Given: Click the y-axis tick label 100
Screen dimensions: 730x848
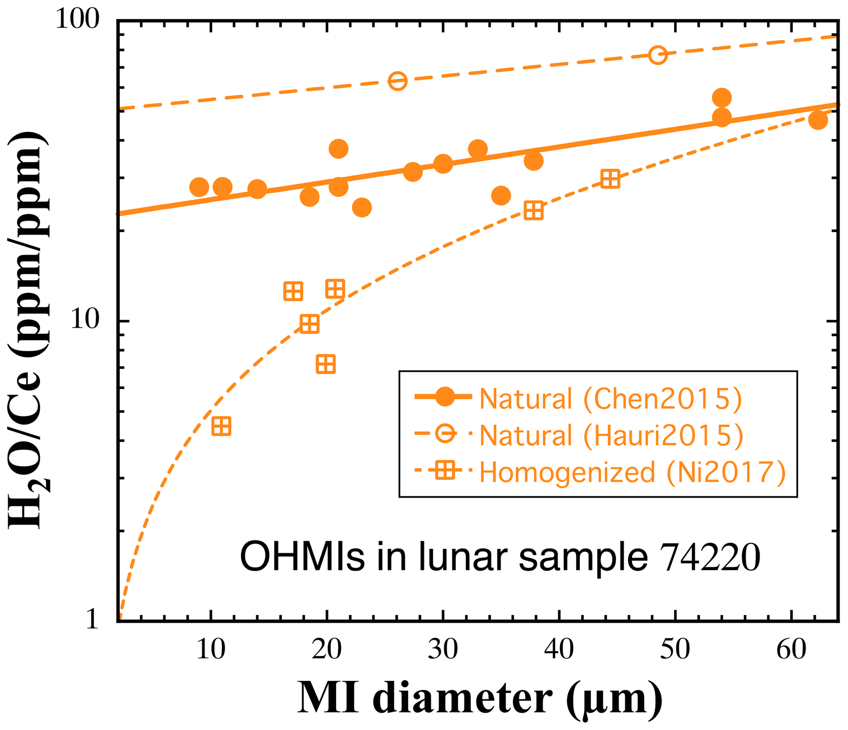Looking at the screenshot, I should point(77,19).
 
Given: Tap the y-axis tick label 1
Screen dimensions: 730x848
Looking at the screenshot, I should point(92,619).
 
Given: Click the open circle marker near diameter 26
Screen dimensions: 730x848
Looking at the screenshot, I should point(398,81).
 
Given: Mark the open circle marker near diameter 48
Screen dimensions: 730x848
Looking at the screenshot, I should point(658,55).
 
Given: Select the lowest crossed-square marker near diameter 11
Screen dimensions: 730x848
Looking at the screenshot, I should point(222,426).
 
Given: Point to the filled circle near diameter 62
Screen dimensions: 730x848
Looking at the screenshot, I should point(818,120).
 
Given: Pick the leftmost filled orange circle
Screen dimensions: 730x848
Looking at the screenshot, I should point(199,187).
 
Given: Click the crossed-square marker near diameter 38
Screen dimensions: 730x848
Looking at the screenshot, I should point(534,211).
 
